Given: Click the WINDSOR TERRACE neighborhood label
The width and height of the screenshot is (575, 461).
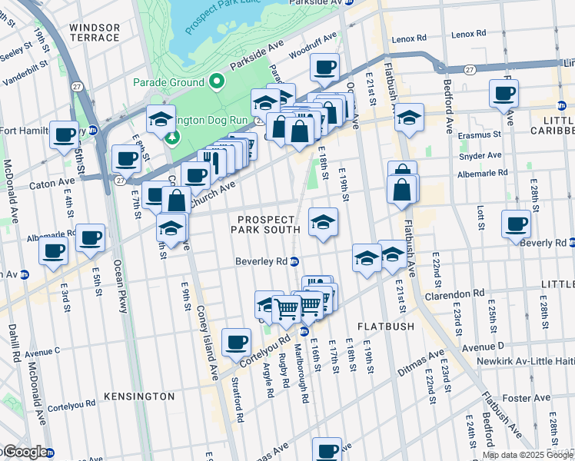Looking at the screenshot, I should (95, 32).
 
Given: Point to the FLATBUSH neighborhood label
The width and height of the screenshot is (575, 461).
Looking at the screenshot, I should (385, 327).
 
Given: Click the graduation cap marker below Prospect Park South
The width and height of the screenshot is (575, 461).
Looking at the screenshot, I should (323, 223).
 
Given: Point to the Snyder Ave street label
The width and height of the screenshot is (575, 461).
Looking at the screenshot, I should (480, 154).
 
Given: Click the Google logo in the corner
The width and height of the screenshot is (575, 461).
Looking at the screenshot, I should (25, 452).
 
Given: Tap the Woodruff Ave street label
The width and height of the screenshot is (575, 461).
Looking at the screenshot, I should (313, 46).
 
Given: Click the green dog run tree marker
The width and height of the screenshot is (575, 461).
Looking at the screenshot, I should (171, 137).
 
